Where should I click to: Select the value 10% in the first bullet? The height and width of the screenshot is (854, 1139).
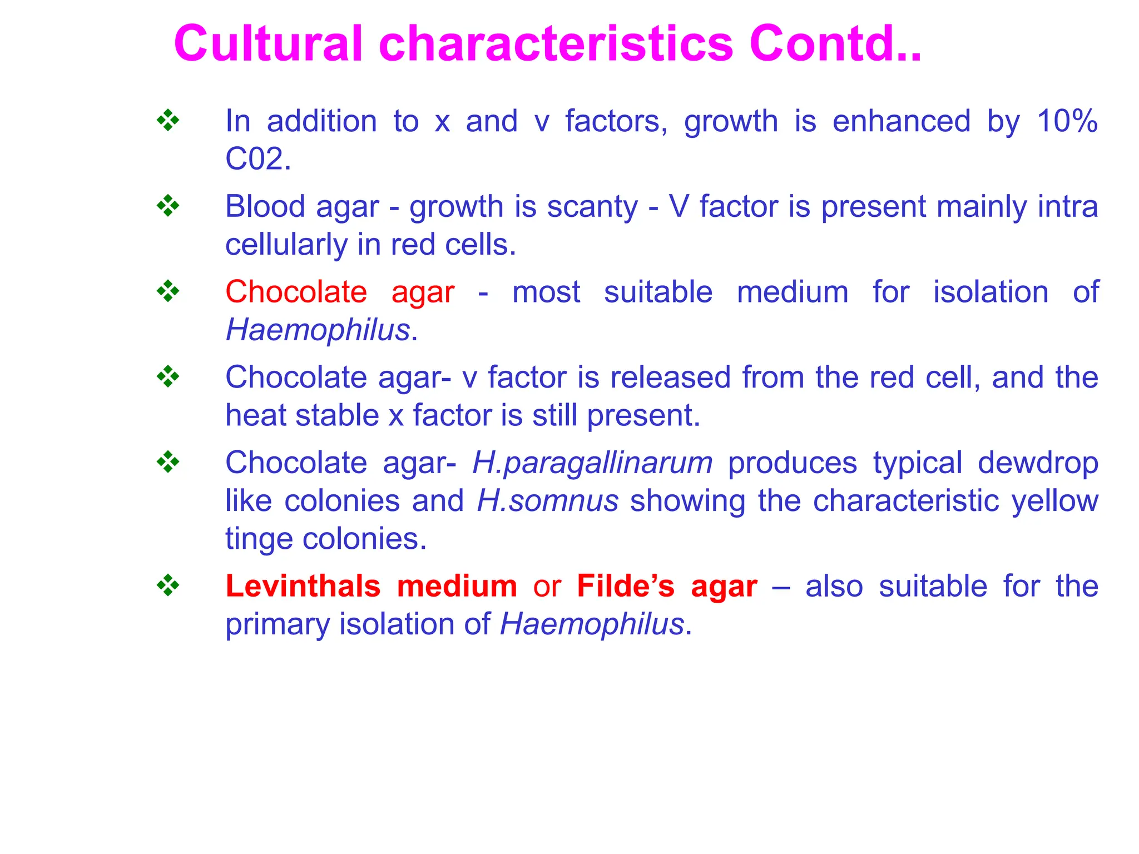[x=1067, y=121]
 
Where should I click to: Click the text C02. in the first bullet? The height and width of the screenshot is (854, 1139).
[x=258, y=159]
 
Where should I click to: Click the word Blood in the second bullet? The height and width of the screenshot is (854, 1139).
[x=265, y=207]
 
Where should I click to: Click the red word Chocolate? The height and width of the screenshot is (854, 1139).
[x=296, y=292]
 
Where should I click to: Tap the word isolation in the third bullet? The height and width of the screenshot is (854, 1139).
[x=991, y=292]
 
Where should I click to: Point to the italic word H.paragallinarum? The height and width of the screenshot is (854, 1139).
[x=592, y=463]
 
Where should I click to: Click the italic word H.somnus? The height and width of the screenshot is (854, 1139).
[x=548, y=501]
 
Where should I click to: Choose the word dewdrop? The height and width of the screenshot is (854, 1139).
[x=1038, y=463]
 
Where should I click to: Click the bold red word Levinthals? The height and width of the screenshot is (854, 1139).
[x=303, y=587]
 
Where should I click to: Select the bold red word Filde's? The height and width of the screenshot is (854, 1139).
[x=626, y=587]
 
